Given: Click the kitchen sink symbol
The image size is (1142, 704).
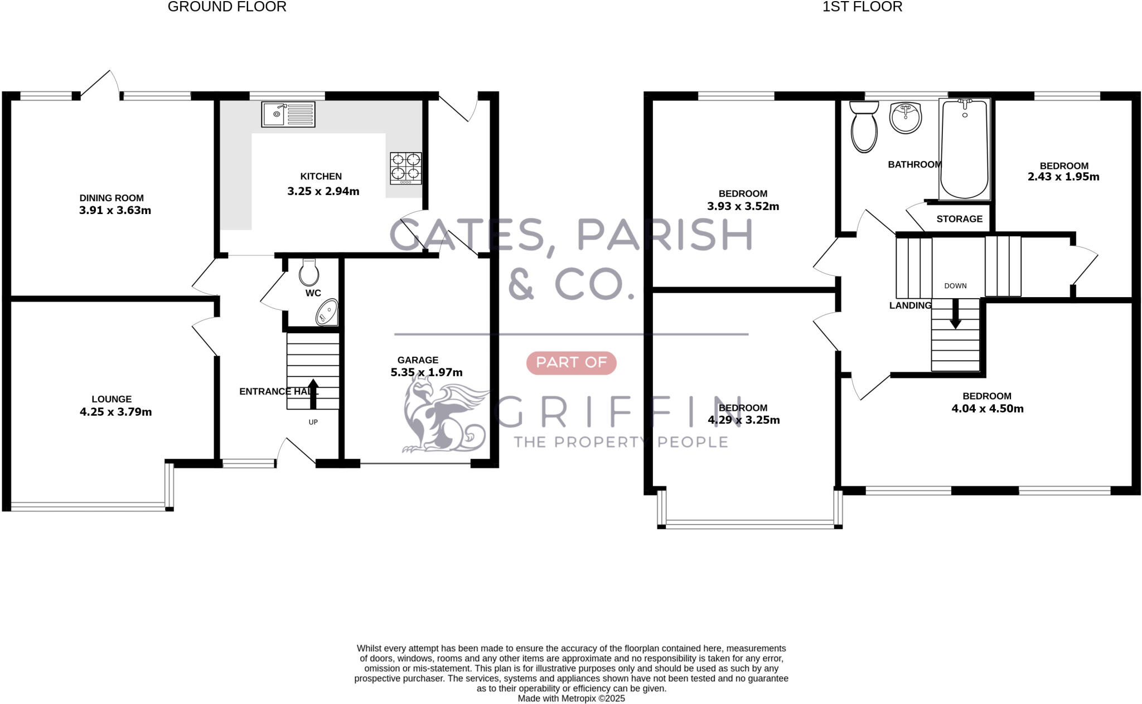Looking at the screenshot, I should (x=288, y=114).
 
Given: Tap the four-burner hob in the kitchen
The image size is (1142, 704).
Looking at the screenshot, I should (x=405, y=168).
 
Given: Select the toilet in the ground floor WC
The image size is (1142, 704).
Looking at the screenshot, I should (x=309, y=273).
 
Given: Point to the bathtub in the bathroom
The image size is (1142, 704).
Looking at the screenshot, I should (x=964, y=149).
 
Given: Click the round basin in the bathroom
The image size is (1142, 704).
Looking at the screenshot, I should (x=905, y=118).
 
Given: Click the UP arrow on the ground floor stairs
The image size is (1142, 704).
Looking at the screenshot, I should (x=313, y=394).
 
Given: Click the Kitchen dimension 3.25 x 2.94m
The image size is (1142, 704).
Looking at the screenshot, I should (x=323, y=192).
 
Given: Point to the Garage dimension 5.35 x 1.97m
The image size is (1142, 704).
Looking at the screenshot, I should (x=427, y=372).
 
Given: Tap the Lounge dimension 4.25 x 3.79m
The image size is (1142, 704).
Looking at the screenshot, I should (x=115, y=412).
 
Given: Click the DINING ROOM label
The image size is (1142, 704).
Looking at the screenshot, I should (x=112, y=198).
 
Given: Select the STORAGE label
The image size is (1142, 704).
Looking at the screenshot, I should (x=959, y=219).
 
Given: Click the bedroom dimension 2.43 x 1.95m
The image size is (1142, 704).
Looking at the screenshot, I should (x=1063, y=177).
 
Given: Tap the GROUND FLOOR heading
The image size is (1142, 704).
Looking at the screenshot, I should (x=227, y=7).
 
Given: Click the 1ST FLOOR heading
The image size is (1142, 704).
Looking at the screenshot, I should (x=862, y=7).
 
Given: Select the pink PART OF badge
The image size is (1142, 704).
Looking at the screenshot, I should (x=571, y=363).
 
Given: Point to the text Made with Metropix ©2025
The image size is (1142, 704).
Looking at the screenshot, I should (x=571, y=698).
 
